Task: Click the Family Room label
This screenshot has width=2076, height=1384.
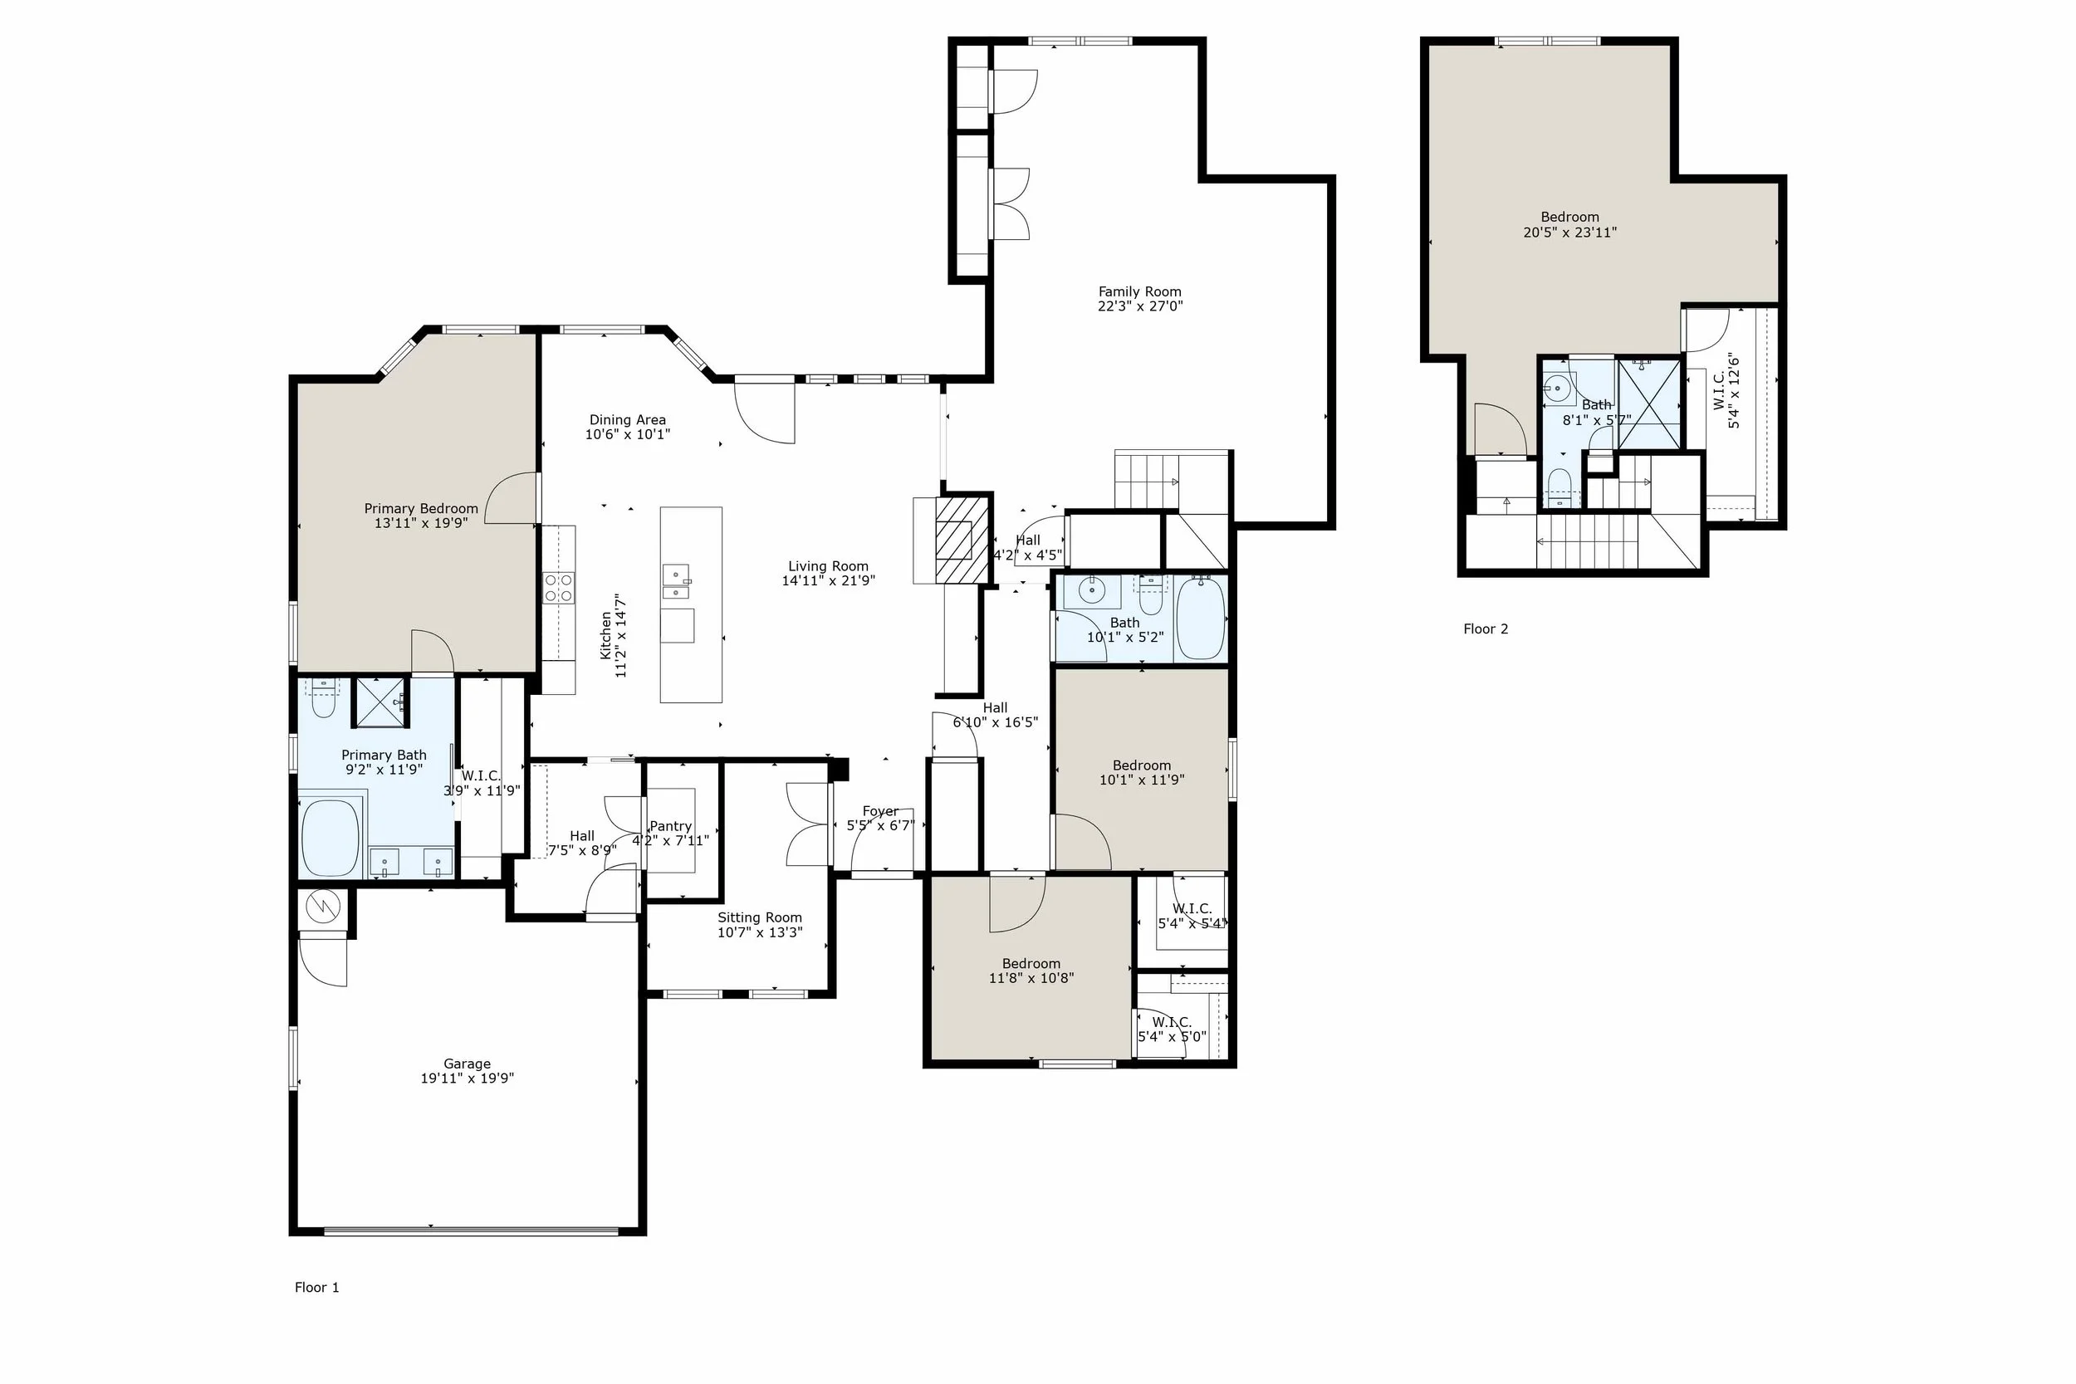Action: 1139,291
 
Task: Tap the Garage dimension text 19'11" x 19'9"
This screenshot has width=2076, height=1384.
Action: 467,1078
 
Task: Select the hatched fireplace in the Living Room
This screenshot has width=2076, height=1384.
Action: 962,540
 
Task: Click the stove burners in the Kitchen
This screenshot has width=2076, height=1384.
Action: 558,588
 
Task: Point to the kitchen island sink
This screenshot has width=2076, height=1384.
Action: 676,581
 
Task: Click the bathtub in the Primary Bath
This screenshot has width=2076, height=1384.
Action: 330,838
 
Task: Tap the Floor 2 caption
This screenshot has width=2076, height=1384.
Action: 1486,629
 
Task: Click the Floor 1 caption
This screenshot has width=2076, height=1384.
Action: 317,1288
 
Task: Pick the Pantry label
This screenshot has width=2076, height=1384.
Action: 671,826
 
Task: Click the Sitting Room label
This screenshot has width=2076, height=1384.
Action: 760,917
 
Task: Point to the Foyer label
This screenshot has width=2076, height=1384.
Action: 880,811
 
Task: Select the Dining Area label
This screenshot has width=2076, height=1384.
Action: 628,420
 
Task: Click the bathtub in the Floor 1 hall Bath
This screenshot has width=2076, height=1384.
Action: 1201,619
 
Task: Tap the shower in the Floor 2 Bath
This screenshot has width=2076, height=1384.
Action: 1649,403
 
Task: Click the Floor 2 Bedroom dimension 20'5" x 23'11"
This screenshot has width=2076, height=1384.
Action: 1570,232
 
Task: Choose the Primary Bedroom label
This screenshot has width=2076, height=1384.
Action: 421,508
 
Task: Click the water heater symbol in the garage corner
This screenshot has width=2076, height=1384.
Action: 322,906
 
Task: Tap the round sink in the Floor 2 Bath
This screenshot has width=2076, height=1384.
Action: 1559,388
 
